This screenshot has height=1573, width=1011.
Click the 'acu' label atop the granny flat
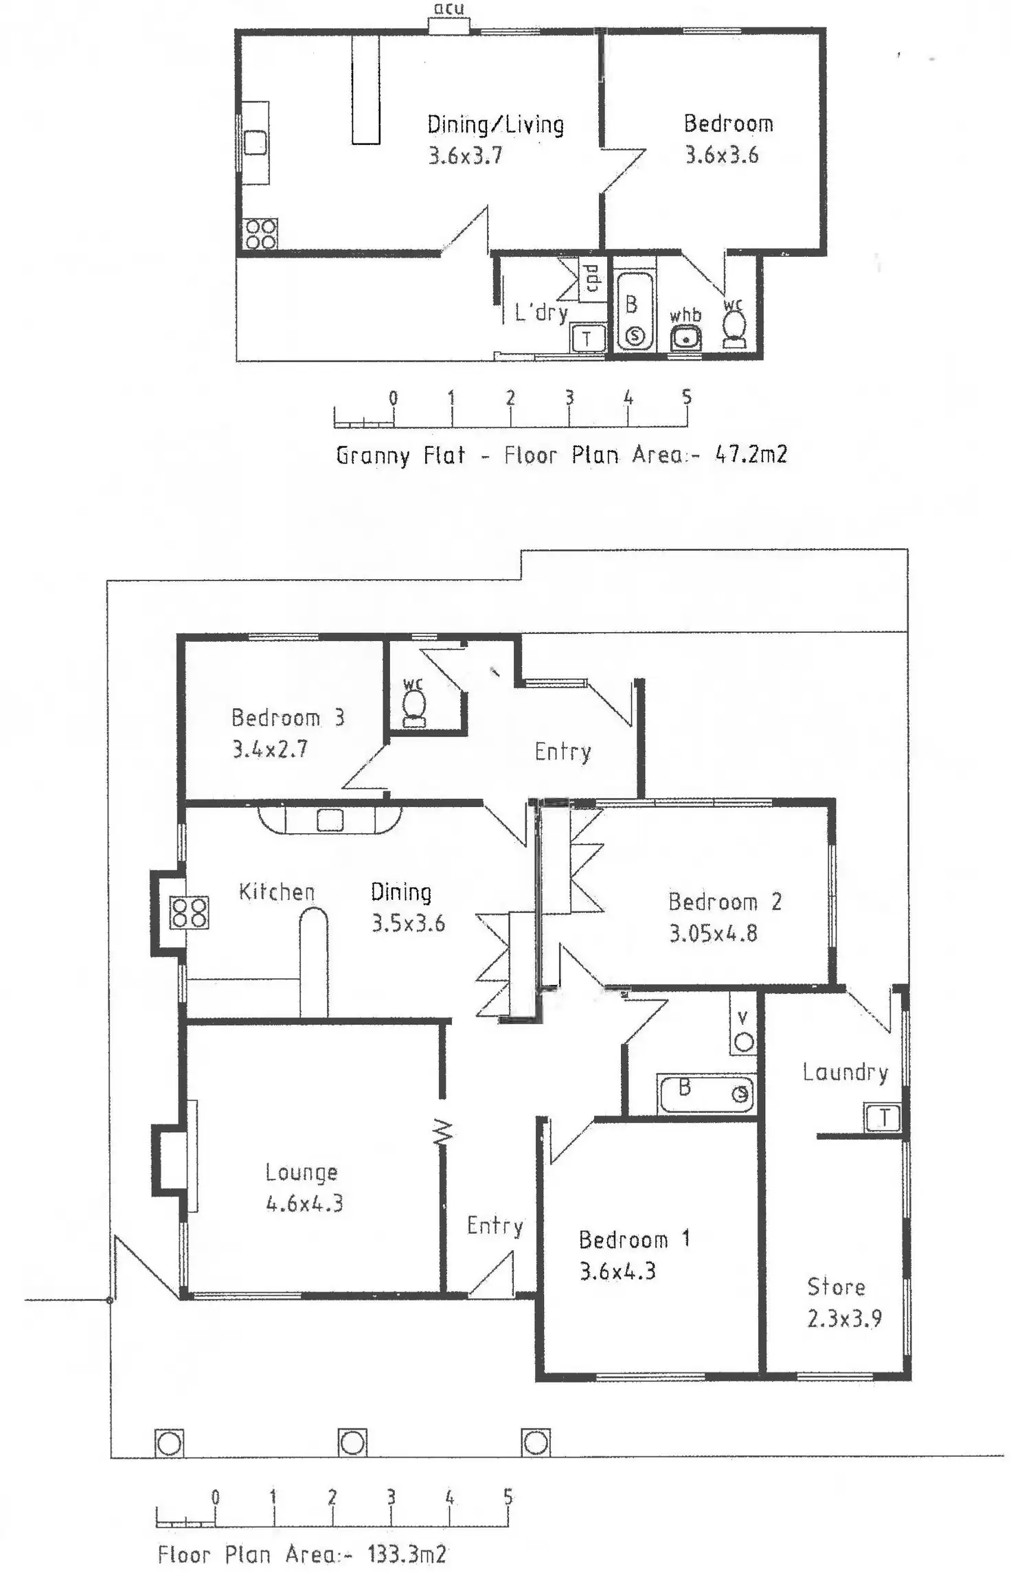(448, 9)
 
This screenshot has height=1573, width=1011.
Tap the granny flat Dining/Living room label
(495, 124)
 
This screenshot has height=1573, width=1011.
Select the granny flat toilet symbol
(734, 326)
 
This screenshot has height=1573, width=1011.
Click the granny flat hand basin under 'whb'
(685, 339)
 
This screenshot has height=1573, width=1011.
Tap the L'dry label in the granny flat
(541, 313)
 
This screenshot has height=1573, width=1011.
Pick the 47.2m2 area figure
(751, 454)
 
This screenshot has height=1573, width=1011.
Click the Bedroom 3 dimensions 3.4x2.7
(269, 749)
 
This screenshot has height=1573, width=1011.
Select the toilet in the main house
(414, 707)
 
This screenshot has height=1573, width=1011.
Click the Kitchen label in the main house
(277, 892)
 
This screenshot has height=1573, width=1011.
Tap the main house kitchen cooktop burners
(190, 913)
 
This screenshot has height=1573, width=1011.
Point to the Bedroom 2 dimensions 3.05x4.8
(713, 933)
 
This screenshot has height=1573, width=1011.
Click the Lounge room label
(302, 1172)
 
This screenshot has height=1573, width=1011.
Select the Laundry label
(845, 1072)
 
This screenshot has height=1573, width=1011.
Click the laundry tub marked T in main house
(883, 1118)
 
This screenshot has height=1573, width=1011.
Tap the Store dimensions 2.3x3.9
(844, 1318)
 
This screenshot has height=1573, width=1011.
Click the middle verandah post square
(352, 1442)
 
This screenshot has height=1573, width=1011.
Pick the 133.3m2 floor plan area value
(407, 1553)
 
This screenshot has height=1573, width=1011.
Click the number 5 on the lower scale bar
(508, 1496)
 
